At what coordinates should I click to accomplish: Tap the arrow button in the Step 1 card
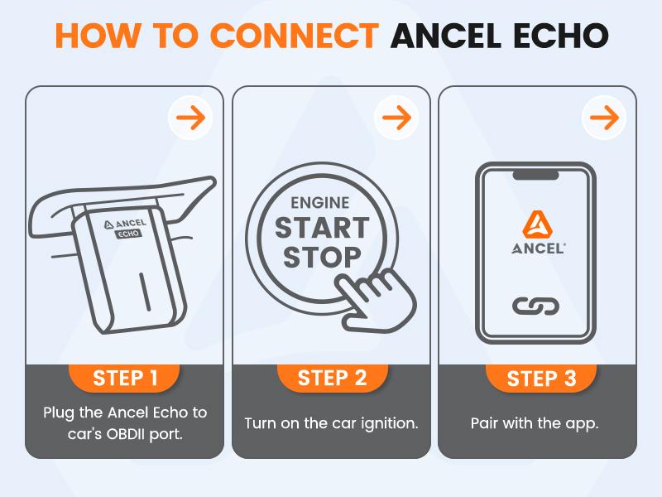point(190,118)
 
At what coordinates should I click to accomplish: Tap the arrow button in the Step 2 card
point(397,118)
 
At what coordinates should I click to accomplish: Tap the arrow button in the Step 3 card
point(604,118)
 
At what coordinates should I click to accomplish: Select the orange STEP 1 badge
point(125,378)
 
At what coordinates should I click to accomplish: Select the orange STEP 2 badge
point(332,378)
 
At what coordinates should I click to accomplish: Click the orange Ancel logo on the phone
point(536,221)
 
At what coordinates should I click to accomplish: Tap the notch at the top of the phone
point(536,175)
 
